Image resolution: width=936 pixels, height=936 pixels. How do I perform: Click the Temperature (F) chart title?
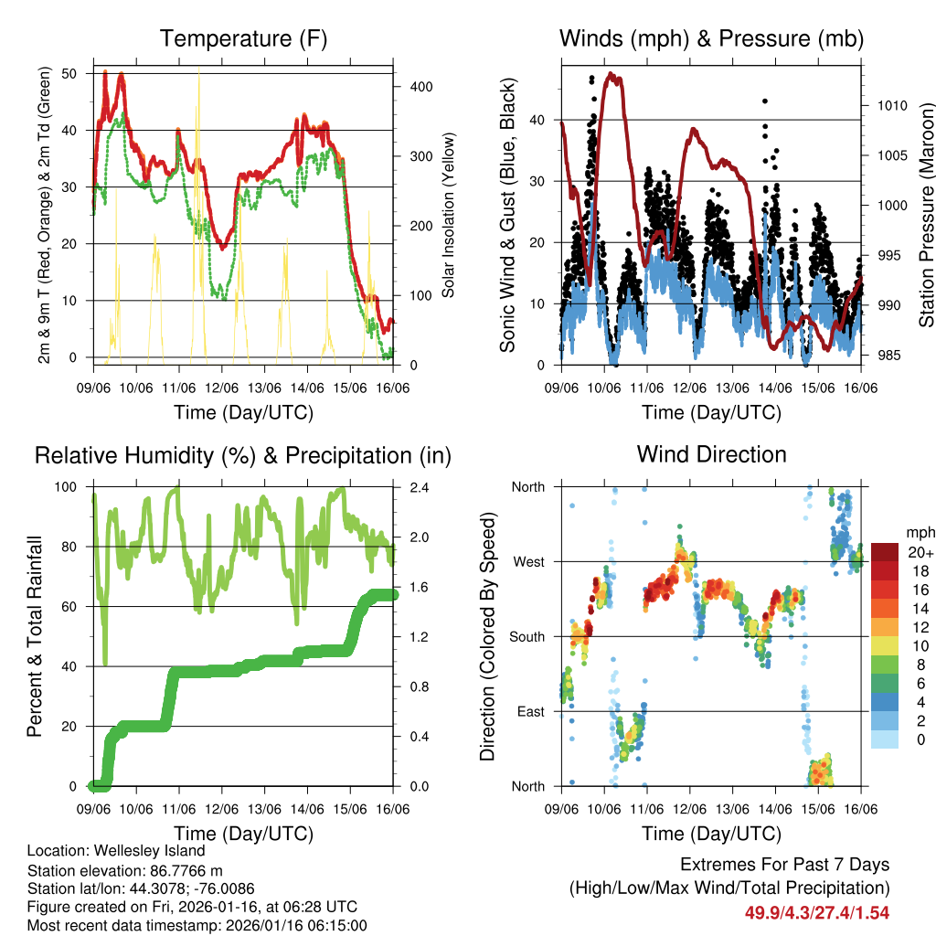tap(243, 38)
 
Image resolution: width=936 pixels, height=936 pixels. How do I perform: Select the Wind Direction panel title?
tap(711, 453)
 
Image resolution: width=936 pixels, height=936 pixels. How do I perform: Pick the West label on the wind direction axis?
tap(528, 561)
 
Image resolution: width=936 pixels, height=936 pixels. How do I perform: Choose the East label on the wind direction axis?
tap(529, 711)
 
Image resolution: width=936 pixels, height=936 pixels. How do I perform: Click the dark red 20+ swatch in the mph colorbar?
tap(884, 552)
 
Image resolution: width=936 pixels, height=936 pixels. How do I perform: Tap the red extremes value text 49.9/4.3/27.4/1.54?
tap(817, 912)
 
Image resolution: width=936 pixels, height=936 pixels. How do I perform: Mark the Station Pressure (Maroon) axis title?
tap(926, 201)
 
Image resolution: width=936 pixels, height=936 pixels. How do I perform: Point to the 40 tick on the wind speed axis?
tap(538, 120)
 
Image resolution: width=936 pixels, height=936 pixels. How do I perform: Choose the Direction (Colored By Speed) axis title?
tap(487, 636)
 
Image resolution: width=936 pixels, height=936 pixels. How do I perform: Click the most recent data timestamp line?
tap(197, 926)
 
